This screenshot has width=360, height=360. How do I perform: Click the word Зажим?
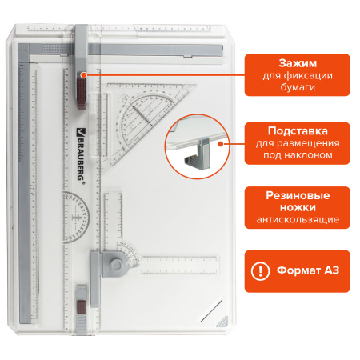click(x=298, y=63)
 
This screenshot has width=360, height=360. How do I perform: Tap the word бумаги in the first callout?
click(x=298, y=87)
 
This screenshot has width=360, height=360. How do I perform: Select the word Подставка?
click(x=298, y=131)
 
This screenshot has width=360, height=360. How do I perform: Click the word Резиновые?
click(x=298, y=195)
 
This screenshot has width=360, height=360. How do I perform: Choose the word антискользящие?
click(x=298, y=219)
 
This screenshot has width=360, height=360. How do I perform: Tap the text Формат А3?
click(x=308, y=270)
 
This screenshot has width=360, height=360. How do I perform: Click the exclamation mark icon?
click(x=260, y=271)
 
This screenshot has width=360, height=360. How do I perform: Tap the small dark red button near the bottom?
click(x=82, y=306)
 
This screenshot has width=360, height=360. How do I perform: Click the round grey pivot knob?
click(x=117, y=265)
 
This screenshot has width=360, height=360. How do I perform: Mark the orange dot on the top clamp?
click(x=84, y=75)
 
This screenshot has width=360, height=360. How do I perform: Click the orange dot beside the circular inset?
click(x=221, y=144)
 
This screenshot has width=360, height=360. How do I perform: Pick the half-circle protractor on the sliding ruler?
click(x=76, y=218)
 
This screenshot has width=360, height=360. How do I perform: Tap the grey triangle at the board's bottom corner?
click(x=223, y=322)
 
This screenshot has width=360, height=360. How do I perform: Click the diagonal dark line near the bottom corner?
click(x=212, y=310)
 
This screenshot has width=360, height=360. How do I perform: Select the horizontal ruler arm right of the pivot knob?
click(x=179, y=265)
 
